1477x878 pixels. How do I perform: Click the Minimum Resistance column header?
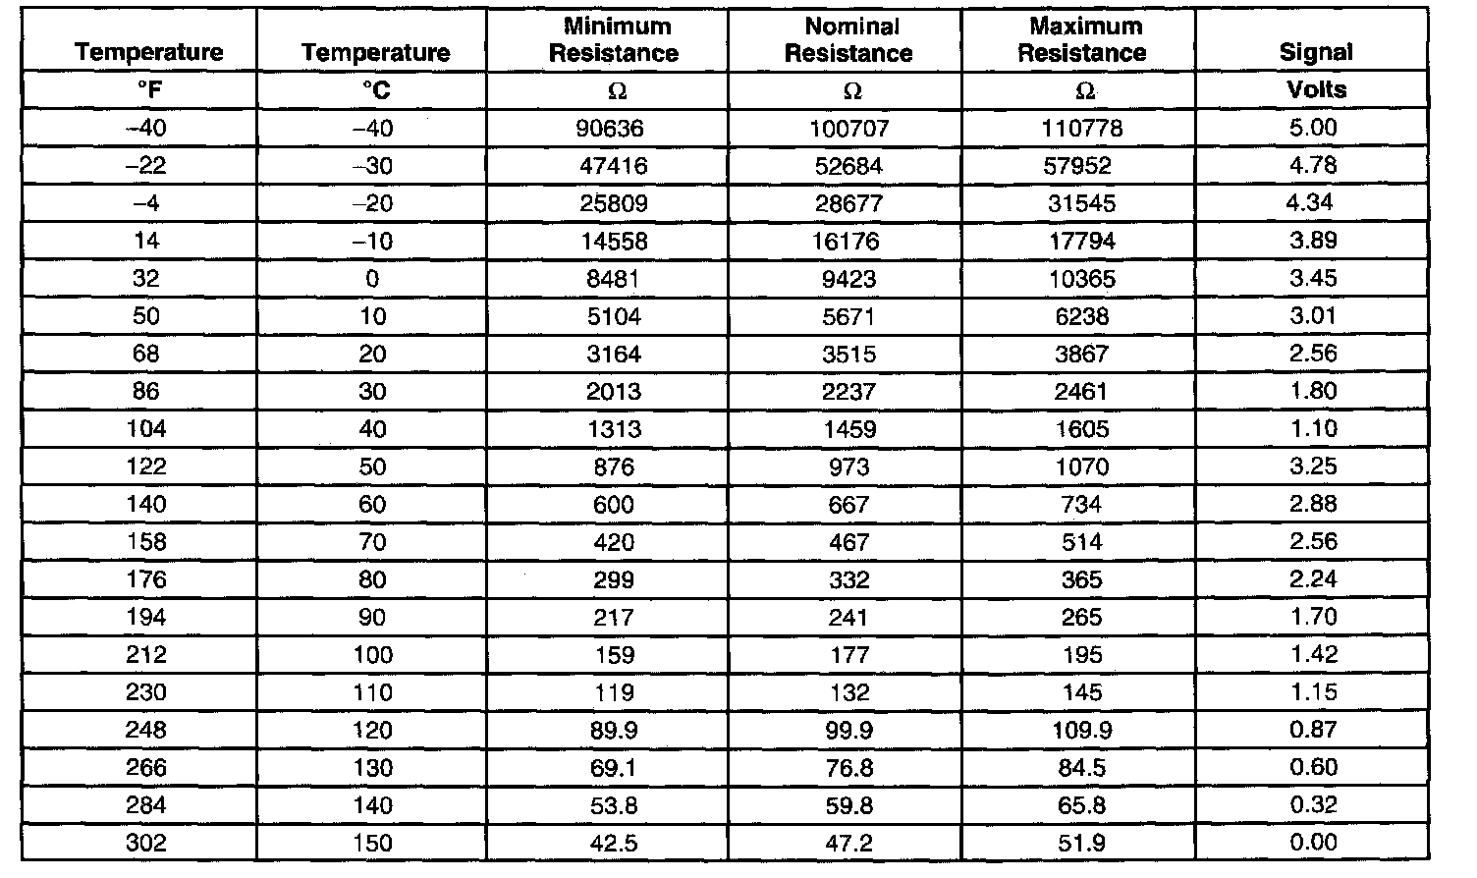tap(614, 40)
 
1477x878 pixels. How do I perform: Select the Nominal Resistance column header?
tap(849, 40)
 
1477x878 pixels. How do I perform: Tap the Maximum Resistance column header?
tap(1082, 40)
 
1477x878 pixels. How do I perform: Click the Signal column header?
tap(1315, 52)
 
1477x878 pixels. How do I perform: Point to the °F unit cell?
tap(148, 90)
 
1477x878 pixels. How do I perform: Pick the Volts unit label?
tap(1316, 89)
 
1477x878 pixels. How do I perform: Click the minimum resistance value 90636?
tap(614, 128)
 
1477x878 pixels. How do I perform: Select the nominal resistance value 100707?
tap(849, 128)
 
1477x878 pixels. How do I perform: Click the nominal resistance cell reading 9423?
tap(849, 279)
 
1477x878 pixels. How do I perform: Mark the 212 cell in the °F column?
tap(146, 655)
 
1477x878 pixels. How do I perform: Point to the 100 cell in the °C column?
tap(372, 655)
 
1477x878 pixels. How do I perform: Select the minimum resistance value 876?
tap(614, 466)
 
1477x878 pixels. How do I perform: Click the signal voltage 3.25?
tap(1313, 466)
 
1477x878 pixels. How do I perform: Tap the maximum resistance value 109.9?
tap(1082, 730)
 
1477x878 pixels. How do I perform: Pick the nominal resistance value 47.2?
tap(849, 843)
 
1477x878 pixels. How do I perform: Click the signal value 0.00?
tap(1313, 843)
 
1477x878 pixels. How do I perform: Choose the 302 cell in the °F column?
tap(146, 843)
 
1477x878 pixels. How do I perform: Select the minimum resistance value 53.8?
tap(614, 805)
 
